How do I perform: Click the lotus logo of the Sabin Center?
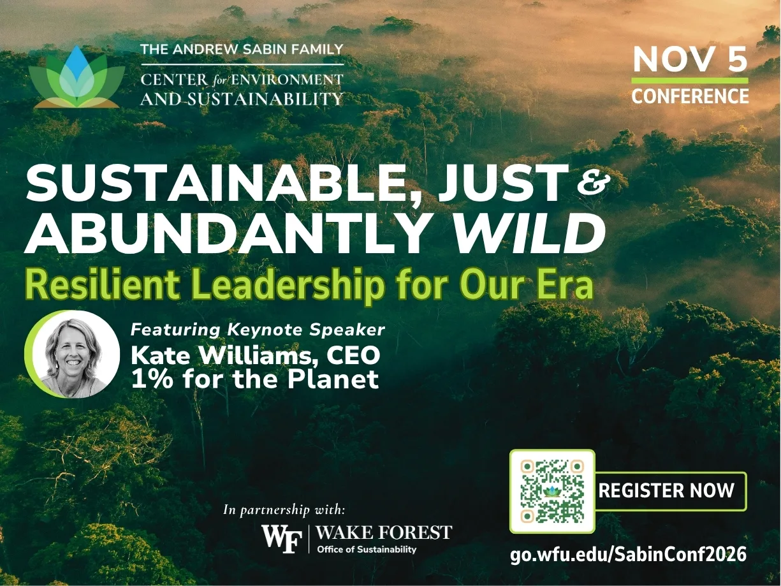(x=77, y=77)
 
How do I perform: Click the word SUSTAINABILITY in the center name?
(x=265, y=99)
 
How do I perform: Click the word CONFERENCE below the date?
(x=690, y=96)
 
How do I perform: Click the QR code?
(x=552, y=491)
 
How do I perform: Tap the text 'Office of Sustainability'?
(x=367, y=550)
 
